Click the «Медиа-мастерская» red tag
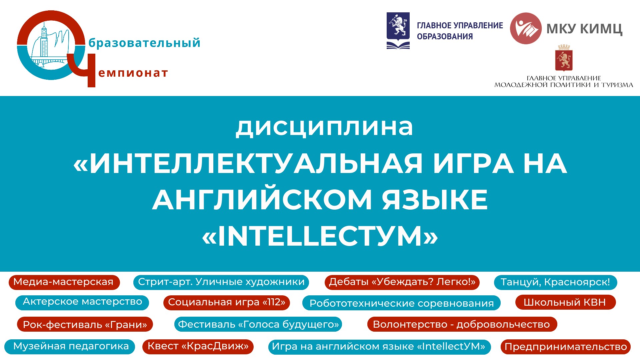tap(64, 282)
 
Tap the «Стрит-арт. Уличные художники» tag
tap(221, 282)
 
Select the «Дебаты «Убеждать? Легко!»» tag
tap(402, 282)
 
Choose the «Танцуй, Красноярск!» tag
tap(555, 282)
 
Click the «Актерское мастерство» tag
tap(82, 302)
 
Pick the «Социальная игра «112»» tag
tap(227, 303)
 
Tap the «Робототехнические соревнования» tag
tap(401, 303)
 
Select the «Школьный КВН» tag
tap(565, 302)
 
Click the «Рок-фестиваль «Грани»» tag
tap(85, 324)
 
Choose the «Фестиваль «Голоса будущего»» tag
tap(258, 324)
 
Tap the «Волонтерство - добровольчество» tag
tap(462, 324)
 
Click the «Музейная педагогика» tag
tap(70, 347)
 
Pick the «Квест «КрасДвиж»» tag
tap(198, 346)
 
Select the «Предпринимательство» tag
tap(566, 347)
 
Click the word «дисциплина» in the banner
tap(324, 127)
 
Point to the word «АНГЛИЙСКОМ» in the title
tap(262, 200)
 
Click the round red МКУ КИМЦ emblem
tap(526, 28)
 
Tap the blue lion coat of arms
tap(398, 31)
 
